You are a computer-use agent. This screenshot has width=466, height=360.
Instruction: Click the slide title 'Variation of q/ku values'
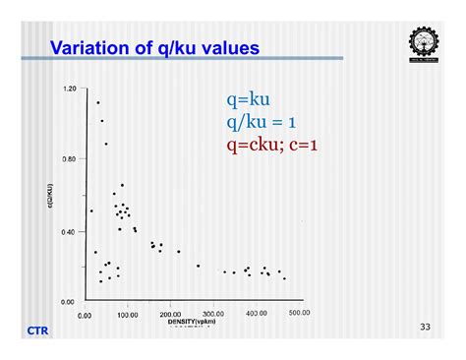click(154, 47)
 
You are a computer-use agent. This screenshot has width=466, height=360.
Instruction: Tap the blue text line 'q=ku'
click(248, 100)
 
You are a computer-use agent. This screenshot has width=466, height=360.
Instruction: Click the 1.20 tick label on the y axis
click(69, 89)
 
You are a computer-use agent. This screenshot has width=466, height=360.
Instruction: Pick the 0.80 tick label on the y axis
click(69, 159)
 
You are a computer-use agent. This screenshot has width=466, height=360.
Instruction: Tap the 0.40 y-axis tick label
click(69, 231)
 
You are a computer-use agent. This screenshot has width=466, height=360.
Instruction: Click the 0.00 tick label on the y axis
click(69, 301)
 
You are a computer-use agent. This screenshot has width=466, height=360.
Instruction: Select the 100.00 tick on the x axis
click(126, 314)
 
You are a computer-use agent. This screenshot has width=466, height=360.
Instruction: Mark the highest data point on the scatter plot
click(97, 102)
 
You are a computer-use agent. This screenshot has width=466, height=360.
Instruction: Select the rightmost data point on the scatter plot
click(284, 278)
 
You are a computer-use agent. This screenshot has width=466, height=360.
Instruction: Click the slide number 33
click(425, 326)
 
